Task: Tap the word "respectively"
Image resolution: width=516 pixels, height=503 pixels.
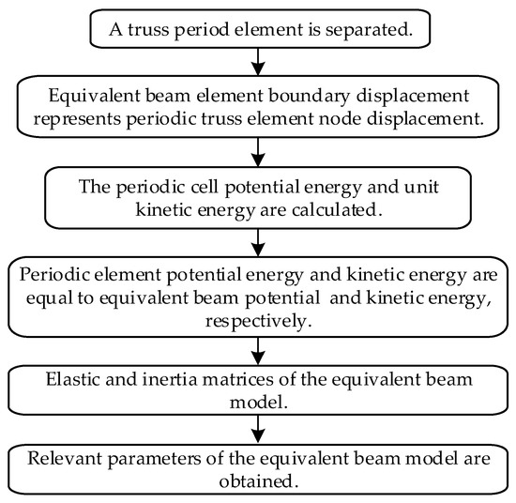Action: coord(256,320)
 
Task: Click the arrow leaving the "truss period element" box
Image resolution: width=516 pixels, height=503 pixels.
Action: coord(259,59)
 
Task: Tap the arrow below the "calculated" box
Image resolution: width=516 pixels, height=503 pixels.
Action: coord(259,241)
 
